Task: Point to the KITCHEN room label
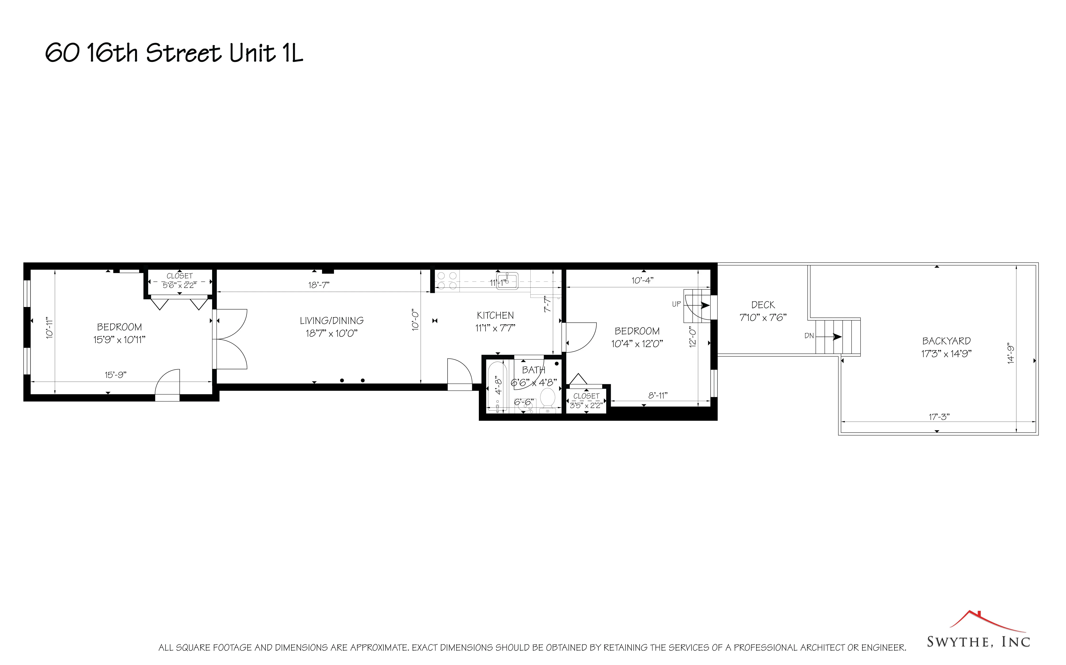click(495, 315)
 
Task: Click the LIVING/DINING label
click(331, 321)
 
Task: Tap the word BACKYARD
click(946, 341)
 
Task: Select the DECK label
click(763, 305)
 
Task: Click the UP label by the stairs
click(676, 304)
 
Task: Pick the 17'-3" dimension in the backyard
click(939, 416)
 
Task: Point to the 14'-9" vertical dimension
click(1011, 354)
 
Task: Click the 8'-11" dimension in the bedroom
click(658, 395)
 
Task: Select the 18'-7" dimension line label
click(319, 285)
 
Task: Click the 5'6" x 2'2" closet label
click(180, 285)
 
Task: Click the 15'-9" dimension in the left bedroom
click(115, 375)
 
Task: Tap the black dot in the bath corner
click(557, 364)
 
